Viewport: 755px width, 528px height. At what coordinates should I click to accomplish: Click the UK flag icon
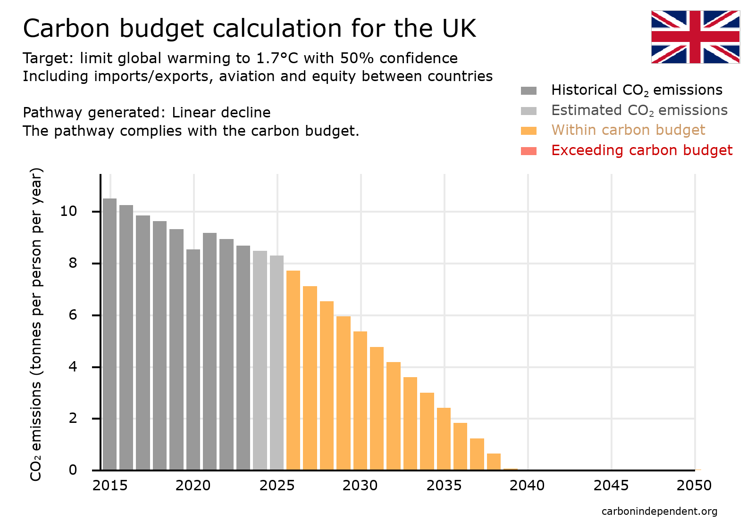pos(695,37)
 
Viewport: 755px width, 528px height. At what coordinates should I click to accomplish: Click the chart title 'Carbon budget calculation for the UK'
pos(249,28)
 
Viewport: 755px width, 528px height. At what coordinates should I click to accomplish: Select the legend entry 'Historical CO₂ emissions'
pos(637,90)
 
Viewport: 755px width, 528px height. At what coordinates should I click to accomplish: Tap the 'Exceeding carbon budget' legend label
pos(641,150)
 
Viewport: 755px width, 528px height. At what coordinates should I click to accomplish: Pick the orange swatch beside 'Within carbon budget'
pos(528,131)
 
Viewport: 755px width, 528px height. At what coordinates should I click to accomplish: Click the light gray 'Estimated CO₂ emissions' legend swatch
pos(528,111)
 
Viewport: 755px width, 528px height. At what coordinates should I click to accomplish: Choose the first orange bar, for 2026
pos(293,370)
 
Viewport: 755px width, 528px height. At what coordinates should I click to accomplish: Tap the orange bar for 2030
pos(360,401)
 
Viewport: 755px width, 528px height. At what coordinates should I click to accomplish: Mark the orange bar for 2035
pos(444,438)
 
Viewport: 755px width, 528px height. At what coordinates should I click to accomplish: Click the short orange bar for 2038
pos(494,462)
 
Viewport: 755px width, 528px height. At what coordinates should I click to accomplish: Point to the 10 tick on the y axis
pos(68,211)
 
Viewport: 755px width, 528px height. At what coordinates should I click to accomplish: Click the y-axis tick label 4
pos(72,367)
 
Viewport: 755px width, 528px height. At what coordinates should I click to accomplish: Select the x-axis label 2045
pos(611,486)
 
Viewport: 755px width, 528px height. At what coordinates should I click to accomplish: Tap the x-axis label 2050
pos(694,486)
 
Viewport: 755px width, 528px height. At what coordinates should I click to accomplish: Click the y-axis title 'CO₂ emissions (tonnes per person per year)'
pos(36,324)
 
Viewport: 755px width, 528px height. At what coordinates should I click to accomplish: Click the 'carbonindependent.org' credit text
pos(659,511)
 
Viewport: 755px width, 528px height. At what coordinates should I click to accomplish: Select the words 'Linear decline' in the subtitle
pos(221,113)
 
